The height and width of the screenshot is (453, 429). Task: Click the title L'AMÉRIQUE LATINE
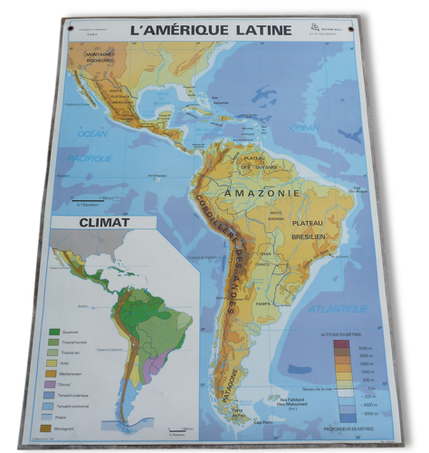pos(211,30)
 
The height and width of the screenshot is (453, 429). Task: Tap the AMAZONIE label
pos(256,194)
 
